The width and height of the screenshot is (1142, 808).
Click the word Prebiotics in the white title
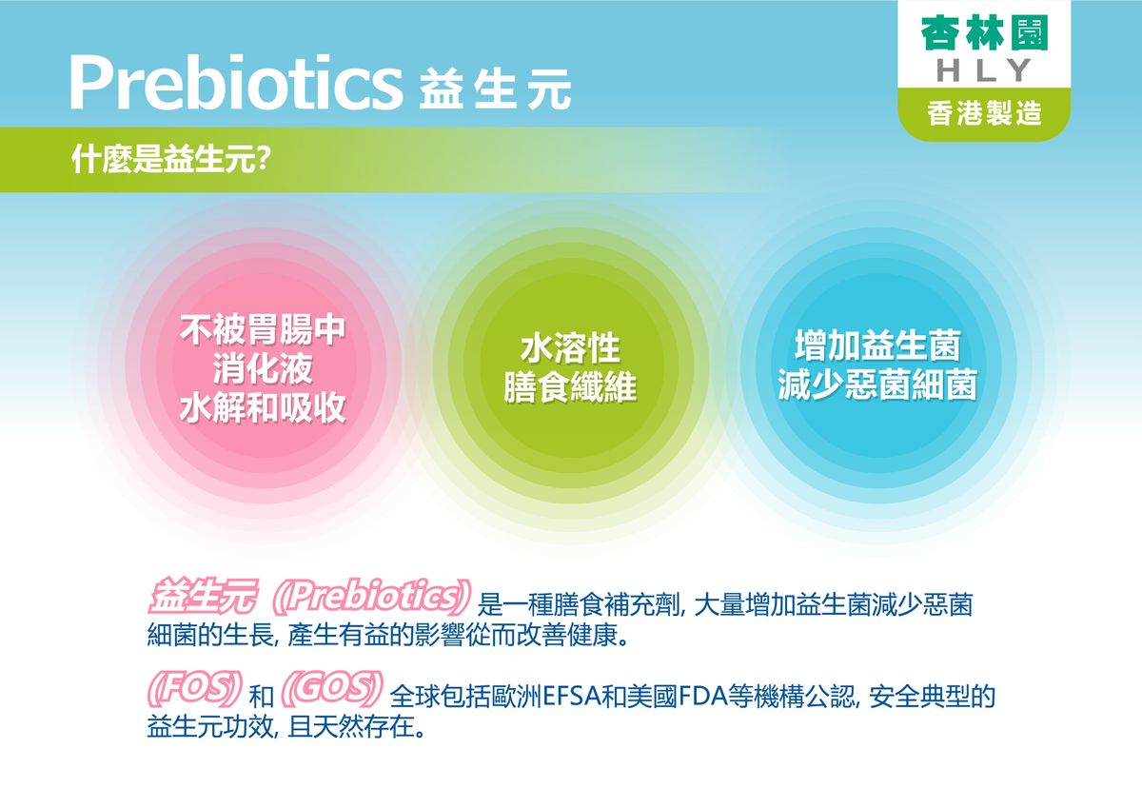point(236,83)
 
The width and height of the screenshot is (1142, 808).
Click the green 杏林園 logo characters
point(984,33)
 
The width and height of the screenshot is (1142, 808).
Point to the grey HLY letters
point(984,70)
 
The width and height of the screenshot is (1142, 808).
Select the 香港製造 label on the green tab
point(984,113)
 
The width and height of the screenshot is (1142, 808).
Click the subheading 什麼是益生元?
point(171,160)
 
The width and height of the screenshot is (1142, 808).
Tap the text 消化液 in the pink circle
point(263,368)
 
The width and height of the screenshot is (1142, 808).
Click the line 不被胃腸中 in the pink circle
point(263,329)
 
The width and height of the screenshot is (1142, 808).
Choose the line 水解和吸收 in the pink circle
point(263,408)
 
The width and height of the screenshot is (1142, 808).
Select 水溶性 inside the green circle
point(570,348)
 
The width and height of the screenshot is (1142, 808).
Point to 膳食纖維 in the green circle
point(570,387)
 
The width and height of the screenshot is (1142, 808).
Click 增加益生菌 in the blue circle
point(877,345)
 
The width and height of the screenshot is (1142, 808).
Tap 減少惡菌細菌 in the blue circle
point(877,384)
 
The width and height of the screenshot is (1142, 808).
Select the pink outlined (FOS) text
point(194,688)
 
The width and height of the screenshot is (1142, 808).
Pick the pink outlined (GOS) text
point(331,688)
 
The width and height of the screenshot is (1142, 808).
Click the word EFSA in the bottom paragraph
point(572,697)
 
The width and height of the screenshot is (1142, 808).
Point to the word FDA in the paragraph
point(701,697)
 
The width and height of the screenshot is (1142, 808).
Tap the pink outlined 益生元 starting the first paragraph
point(203,596)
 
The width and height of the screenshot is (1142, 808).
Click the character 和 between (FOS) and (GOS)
point(261,697)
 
